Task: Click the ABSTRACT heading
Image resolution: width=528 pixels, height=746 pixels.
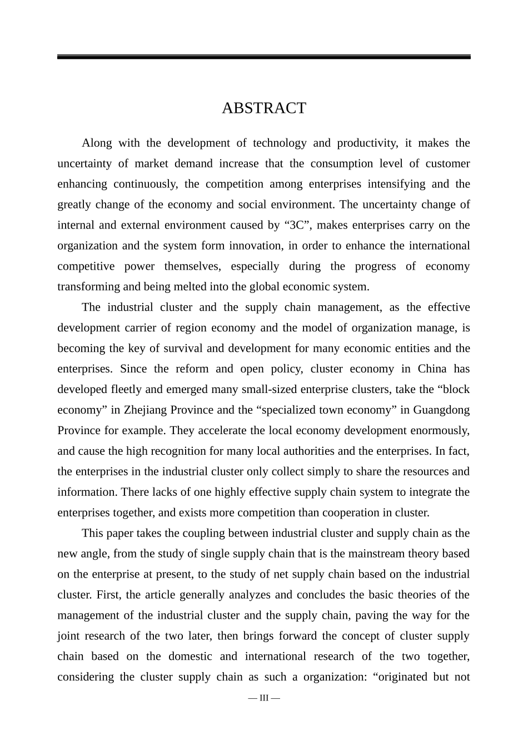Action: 263,108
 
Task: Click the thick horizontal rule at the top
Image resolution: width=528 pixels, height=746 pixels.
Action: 263,57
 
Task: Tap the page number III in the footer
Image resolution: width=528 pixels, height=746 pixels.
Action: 263,698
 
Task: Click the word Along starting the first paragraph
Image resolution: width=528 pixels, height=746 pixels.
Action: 97,143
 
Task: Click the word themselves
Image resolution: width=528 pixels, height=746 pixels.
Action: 192,267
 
